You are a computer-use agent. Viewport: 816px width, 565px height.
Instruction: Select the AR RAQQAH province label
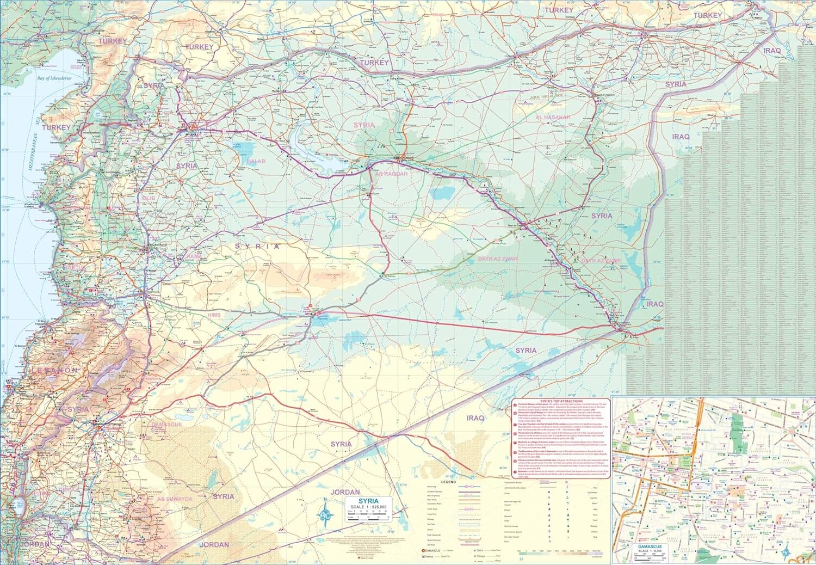392,174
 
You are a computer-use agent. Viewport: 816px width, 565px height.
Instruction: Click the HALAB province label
256,162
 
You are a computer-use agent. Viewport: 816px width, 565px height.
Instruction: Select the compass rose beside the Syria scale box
325,512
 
